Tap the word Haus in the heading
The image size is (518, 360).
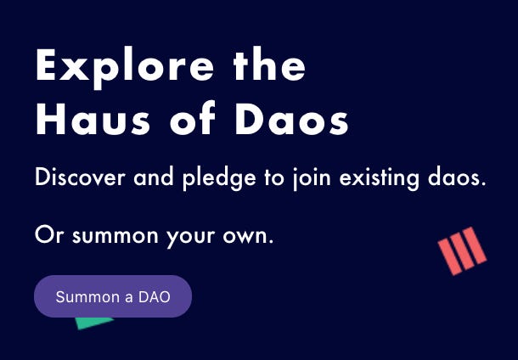(x=85, y=121)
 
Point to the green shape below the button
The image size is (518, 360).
(x=93, y=322)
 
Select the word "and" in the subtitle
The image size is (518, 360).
(x=151, y=179)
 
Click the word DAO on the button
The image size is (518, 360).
(x=154, y=297)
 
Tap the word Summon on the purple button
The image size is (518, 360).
(x=84, y=297)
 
